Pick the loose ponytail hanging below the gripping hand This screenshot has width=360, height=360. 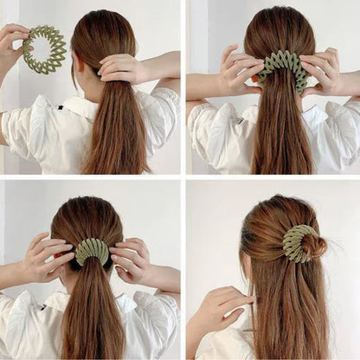coord(117,130)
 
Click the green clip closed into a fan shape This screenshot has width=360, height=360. coord(93,251)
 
